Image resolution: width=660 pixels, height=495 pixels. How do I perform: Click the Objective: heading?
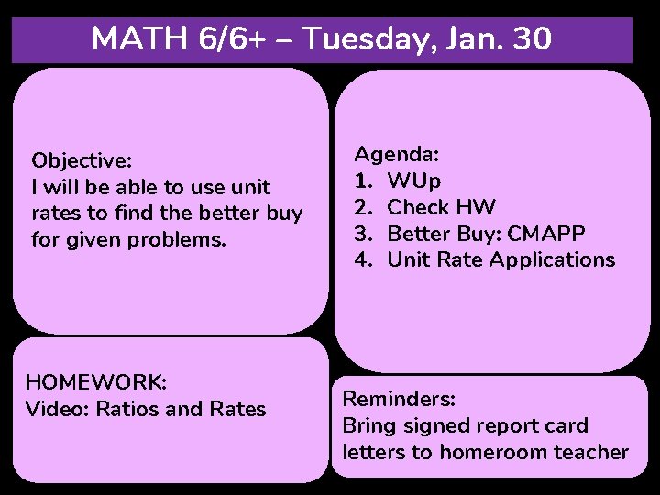(82, 160)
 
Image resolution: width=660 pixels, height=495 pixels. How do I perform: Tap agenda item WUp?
(414, 180)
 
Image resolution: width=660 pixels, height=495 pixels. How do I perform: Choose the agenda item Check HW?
(442, 206)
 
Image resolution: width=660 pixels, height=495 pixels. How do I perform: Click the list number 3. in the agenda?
(363, 233)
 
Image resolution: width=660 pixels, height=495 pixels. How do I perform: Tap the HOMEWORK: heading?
(96, 381)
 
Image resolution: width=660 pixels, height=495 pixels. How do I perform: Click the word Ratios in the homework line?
(123, 409)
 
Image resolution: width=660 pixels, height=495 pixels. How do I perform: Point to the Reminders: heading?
(399, 399)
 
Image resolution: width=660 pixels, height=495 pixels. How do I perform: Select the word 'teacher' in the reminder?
(593, 452)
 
